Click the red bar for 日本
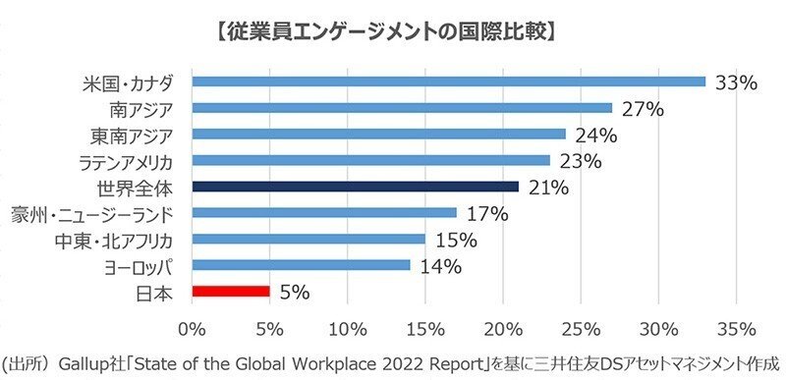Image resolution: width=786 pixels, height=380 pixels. point(231,291)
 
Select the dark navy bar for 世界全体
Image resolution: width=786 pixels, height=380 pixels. point(355,186)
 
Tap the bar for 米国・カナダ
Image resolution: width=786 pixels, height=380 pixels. point(449,81)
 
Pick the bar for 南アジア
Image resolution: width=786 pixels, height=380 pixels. point(402,108)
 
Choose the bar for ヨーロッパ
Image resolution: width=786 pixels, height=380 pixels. point(301,264)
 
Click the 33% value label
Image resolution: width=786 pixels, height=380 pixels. point(736,82)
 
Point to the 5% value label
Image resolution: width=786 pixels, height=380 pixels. point(295,292)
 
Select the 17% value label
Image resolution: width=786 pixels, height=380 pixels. point(485,213)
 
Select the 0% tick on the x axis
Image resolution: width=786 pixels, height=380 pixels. point(193,326)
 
